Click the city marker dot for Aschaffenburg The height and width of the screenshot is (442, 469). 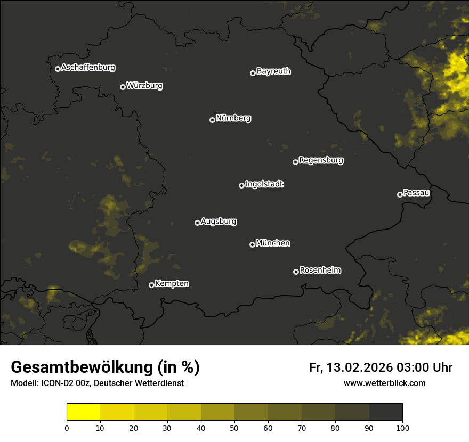click(x=58, y=69)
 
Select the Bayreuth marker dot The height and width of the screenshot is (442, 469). click(x=253, y=73)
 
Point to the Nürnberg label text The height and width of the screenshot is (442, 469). click(x=233, y=118)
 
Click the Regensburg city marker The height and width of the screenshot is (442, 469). click(x=295, y=162)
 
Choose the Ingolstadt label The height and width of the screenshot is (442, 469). click(x=264, y=184)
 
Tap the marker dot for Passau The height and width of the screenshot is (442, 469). click(x=400, y=194)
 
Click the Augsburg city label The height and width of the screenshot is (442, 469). click(x=219, y=222)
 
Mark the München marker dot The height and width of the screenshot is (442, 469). click(x=252, y=244)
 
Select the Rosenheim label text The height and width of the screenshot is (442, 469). click(x=320, y=271)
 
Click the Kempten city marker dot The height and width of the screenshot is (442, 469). click(x=151, y=285)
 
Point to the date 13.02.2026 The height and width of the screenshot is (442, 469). click(x=360, y=367)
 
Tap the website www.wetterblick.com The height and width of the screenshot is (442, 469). click(x=385, y=383)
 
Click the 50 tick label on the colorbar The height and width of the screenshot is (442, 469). click(x=234, y=428)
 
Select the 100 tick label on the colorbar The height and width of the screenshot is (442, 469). click(x=402, y=428)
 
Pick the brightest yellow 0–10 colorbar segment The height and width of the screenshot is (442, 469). click(x=83, y=412)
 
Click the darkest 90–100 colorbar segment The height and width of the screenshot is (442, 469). click(x=385, y=412)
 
